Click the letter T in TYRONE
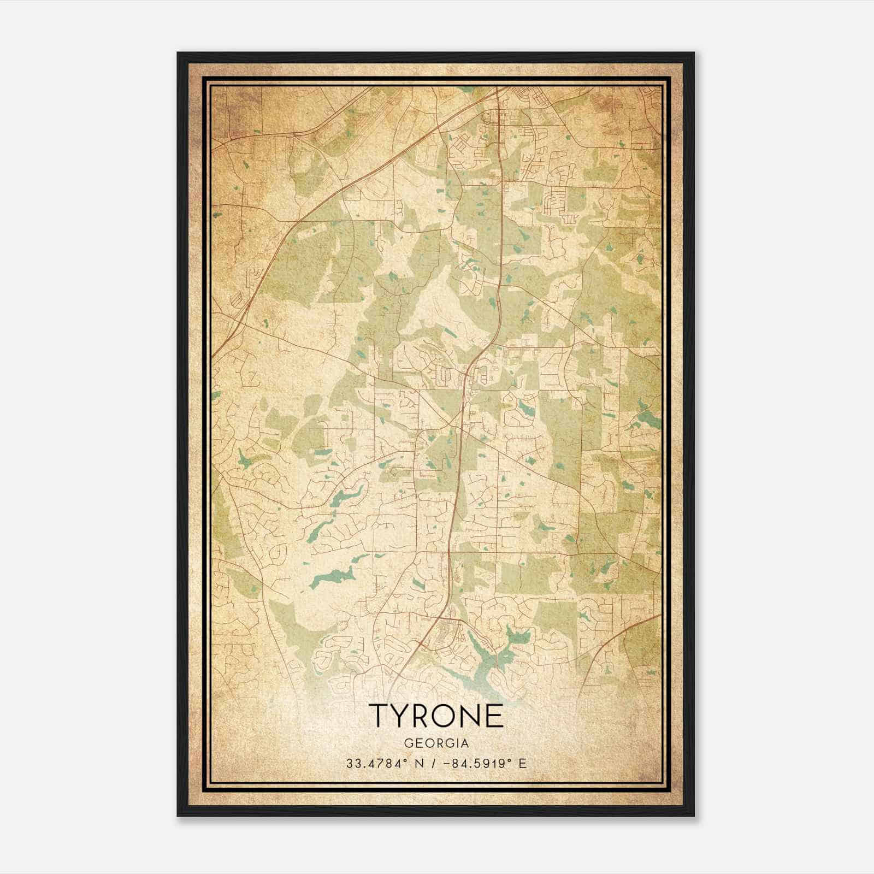click(380, 715)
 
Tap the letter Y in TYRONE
click(402, 715)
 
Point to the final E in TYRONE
click(494, 715)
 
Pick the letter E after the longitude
click(523, 763)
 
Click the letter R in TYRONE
click(422, 715)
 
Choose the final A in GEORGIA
click(465, 743)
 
